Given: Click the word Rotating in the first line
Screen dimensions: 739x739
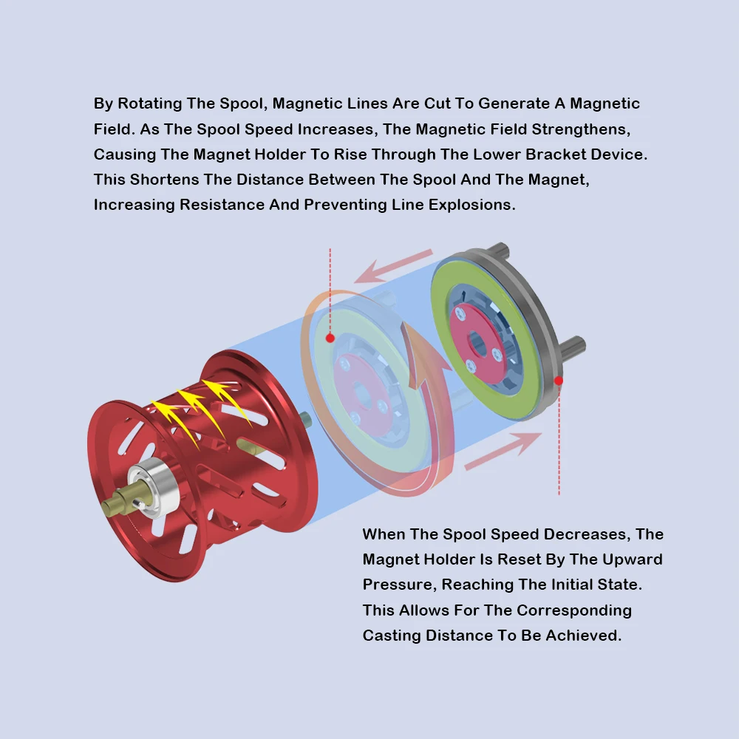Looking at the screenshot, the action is (x=149, y=103).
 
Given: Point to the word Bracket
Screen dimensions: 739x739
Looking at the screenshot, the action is (x=555, y=154).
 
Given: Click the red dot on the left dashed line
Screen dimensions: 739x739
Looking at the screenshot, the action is (x=330, y=338).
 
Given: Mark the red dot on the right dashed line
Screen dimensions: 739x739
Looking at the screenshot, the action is (x=559, y=381).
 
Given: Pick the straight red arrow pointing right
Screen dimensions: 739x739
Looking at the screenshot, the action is (x=503, y=451).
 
